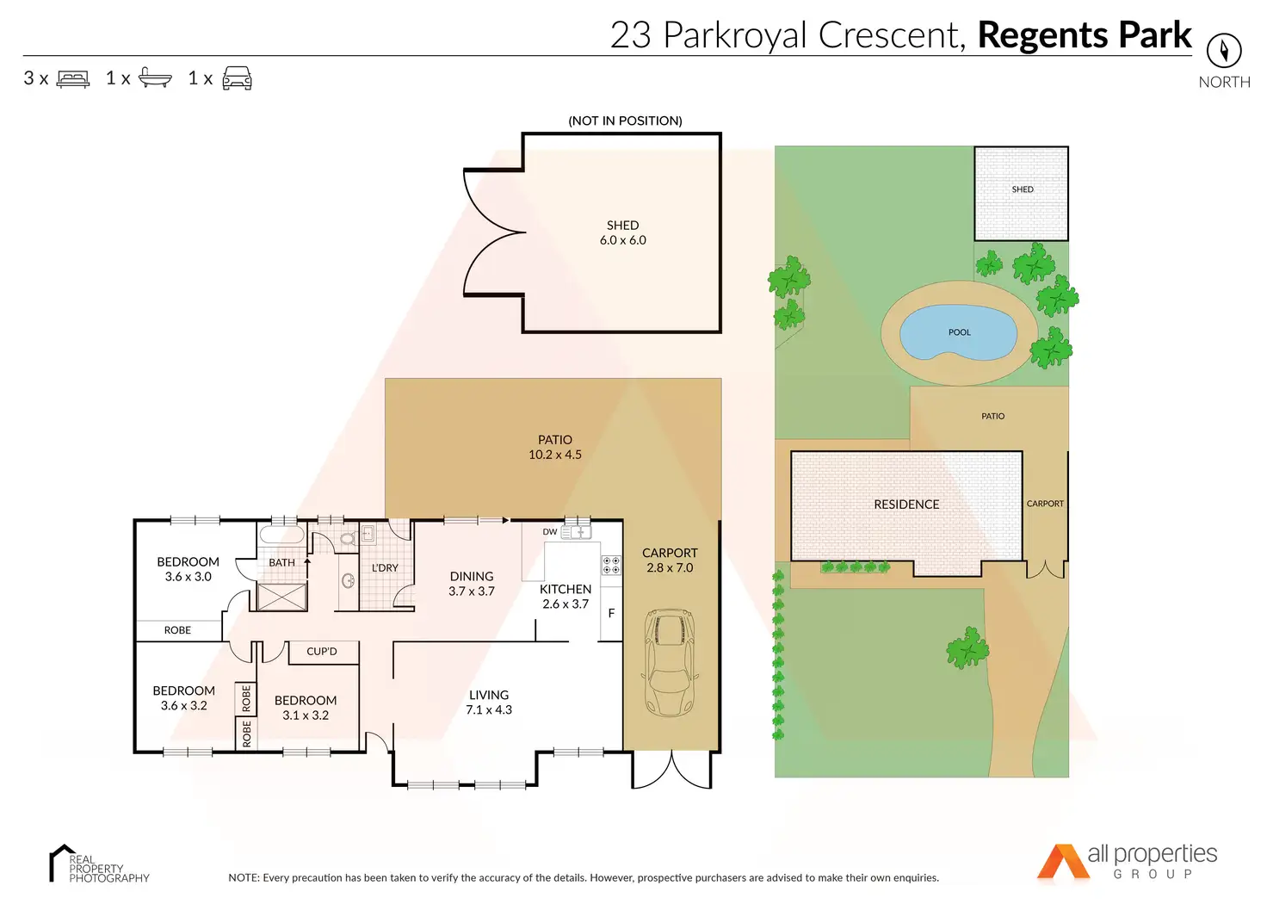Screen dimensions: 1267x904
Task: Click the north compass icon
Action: click(x=1223, y=51)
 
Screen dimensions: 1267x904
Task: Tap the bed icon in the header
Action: click(x=73, y=79)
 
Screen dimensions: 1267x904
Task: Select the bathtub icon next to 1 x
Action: click(x=155, y=78)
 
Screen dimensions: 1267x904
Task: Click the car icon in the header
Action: click(x=237, y=78)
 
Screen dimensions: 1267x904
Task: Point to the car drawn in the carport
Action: click(x=671, y=663)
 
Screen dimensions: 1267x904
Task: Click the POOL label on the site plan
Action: click(x=959, y=332)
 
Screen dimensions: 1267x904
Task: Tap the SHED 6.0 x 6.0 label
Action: click(x=622, y=232)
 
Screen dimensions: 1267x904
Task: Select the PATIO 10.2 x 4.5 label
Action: click(x=555, y=447)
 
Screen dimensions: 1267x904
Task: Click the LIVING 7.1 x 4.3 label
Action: click(x=489, y=703)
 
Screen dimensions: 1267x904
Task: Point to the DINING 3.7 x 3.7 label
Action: click(x=472, y=584)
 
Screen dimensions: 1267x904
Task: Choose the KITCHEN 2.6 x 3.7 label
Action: click(x=566, y=597)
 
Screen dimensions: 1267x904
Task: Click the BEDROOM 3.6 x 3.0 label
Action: click(x=188, y=569)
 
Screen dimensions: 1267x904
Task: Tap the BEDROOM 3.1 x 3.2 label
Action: click(x=306, y=708)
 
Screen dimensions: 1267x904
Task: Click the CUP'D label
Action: click(x=322, y=652)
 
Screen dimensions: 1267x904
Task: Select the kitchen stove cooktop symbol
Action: click(x=611, y=565)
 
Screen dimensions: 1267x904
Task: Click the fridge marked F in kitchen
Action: click(x=611, y=614)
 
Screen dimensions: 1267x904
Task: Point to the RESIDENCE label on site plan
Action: click(x=906, y=505)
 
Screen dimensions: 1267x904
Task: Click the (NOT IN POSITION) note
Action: click(x=625, y=121)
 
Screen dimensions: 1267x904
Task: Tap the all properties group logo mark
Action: click(x=1062, y=863)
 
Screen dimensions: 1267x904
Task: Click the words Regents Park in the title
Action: click(x=1085, y=35)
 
